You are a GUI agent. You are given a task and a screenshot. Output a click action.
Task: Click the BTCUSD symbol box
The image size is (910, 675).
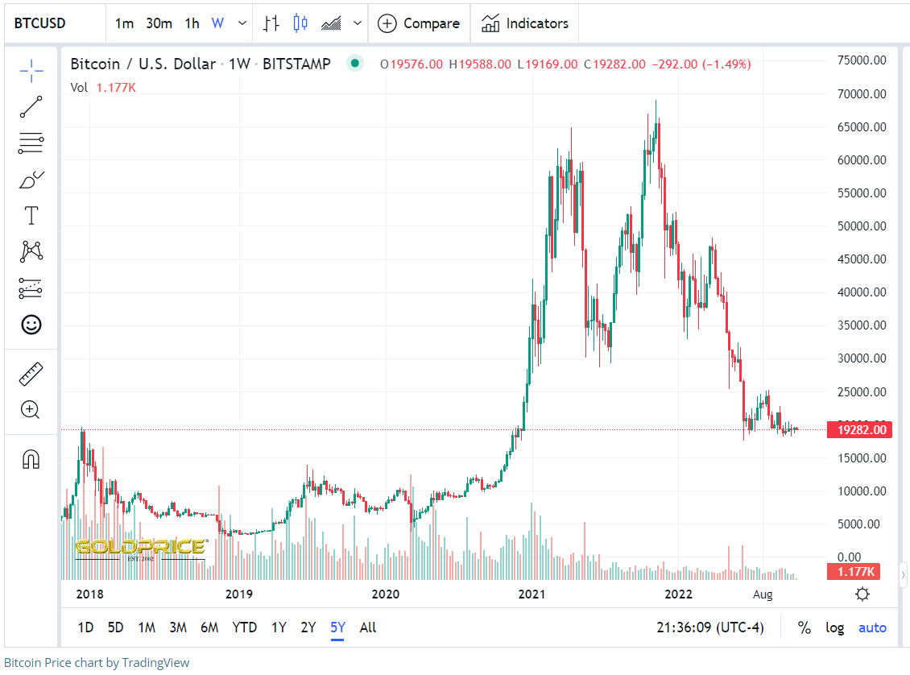pyautogui.click(x=40, y=23)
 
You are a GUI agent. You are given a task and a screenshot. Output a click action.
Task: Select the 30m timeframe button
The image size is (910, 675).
pyautogui.click(x=159, y=23)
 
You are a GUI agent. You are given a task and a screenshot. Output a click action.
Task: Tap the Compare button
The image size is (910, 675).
pyautogui.click(x=419, y=23)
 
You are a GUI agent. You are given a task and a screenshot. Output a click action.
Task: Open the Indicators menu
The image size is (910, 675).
pyautogui.click(x=525, y=23)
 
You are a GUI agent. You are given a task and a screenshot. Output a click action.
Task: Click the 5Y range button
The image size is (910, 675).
pyautogui.click(x=337, y=627)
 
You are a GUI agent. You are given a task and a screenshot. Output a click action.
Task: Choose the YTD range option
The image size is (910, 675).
pyautogui.click(x=244, y=627)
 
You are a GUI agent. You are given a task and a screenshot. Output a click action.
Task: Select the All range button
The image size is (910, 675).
pyautogui.click(x=368, y=627)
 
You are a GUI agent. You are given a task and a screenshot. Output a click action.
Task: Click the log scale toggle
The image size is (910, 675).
pyautogui.click(x=834, y=627)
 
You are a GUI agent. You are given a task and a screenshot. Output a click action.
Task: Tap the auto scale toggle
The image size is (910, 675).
pyautogui.click(x=872, y=627)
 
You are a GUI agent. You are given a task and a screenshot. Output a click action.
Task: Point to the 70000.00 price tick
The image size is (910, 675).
pyautogui.click(x=862, y=93)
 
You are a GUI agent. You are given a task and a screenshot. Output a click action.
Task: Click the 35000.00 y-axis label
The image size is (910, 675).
pyautogui.click(x=862, y=325)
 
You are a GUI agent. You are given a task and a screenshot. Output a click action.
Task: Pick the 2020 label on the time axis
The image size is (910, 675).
pyautogui.click(x=386, y=594)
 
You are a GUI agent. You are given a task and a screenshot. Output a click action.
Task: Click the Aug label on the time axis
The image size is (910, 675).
pyautogui.click(x=762, y=594)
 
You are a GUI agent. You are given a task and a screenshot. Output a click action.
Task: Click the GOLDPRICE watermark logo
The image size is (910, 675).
pyautogui.click(x=141, y=549)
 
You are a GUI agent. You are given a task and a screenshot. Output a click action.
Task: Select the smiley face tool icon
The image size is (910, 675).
pyautogui.click(x=31, y=325)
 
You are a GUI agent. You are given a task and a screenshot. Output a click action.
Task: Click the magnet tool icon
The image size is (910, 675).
pyautogui.click(x=31, y=460)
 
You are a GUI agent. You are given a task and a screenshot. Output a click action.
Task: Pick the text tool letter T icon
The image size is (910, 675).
pyautogui.click(x=31, y=215)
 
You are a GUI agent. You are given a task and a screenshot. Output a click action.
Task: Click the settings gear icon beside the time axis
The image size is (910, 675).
pyautogui.click(x=862, y=594)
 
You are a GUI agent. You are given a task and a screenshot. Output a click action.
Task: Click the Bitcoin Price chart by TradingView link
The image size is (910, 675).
pyautogui.click(x=97, y=663)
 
